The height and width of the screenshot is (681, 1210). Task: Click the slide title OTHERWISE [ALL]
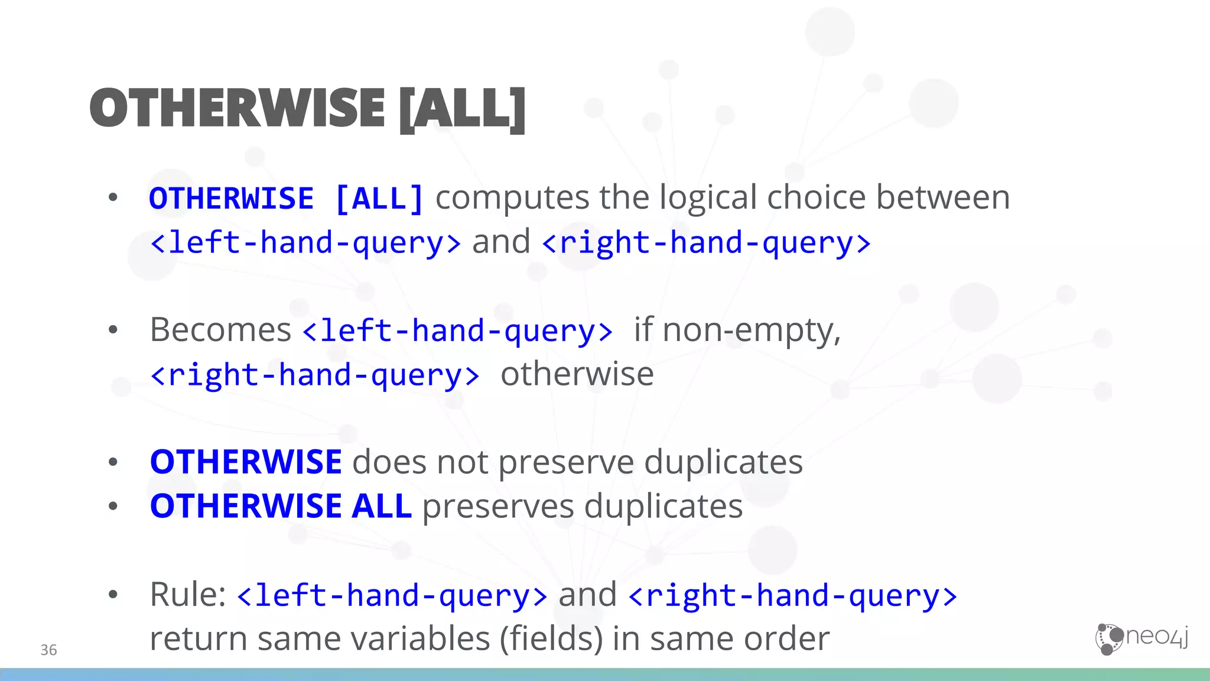click(x=307, y=109)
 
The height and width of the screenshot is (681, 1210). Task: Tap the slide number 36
click(x=48, y=650)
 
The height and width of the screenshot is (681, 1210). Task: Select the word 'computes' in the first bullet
click(x=512, y=197)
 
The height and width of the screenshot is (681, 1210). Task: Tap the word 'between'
click(x=943, y=197)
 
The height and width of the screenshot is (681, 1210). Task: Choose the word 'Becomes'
click(x=220, y=330)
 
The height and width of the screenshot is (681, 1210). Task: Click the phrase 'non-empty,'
click(x=752, y=330)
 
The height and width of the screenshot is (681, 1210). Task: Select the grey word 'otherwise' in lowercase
click(x=577, y=374)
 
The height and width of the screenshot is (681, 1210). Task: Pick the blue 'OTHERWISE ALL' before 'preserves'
click(x=281, y=506)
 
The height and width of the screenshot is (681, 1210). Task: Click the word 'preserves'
click(x=497, y=507)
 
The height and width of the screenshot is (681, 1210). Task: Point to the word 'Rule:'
click(x=188, y=594)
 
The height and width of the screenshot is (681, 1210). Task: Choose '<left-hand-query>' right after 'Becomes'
click(x=457, y=330)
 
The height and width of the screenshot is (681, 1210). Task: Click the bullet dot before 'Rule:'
click(x=113, y=594)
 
